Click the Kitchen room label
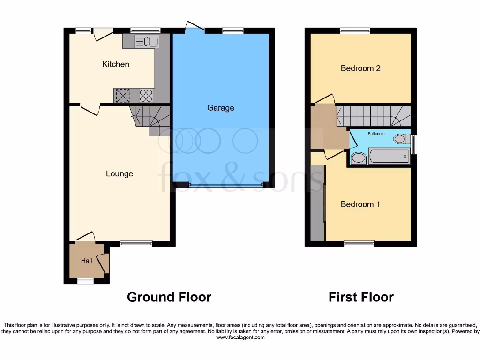pyautogui.click(x=115, y=64)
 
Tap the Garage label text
pyautogui.click(x=220, y=108)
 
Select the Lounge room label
pyautogui.click(x=119, y=174)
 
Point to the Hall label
pyautogui.click(x=86, y=261)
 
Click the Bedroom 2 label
pyautogui.click(x=360, y=68)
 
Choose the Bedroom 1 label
pyautogui.click(x=360, y=204)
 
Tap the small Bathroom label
pyautogui.click(x=376, y=134)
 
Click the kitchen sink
pyautogui.click(x=147, y=42)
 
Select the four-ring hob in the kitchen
pyautogui.click(x=146, y=96)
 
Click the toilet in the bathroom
pyautogui.click(x=400, y=138)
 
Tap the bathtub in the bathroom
pyautogui.click(x=389, y=156)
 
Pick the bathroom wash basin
pyautogui.click(x=358, y=158)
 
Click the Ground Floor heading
pyautogui.click(x=169, y=297)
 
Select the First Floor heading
pyautogui.click(x=361, y=297)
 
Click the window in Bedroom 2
pyautogui.click(x=354, y=31)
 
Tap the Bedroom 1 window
pyautogui.click(x=359, y=243)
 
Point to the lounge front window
pyautogui.click(x=136, y=243)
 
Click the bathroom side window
pyautogui.click(x=413, y=144)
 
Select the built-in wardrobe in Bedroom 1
pyautogui.click(x=317, y=202)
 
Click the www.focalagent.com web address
pyautogui.click(x=240, y=337)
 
